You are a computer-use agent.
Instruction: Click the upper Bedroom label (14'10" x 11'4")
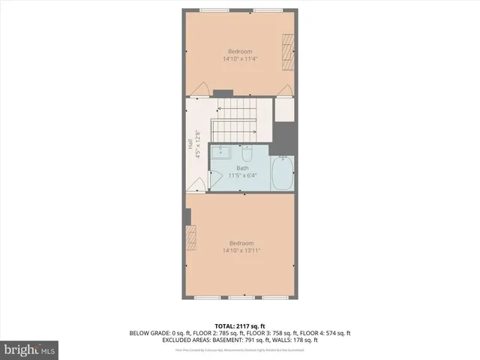pos(240,51)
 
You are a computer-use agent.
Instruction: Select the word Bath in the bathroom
pos(242,168)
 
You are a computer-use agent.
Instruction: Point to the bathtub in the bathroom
pos(282,172)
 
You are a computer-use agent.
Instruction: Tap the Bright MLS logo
pos(30,349)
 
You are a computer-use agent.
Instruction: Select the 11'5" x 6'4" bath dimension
pos(242,175)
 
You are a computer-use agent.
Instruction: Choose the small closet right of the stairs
pos(284,110)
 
